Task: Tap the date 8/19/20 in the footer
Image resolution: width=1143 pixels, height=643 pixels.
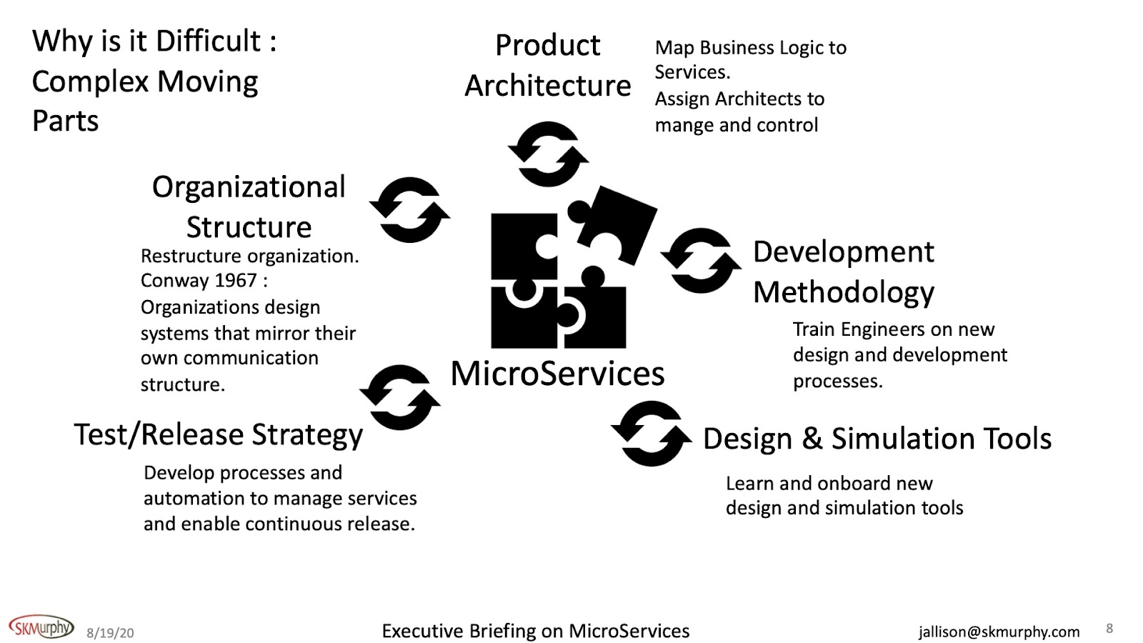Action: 110,633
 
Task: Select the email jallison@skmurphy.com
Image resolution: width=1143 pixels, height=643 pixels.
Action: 999,632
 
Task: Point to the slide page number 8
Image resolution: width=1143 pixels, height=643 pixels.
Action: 1109,629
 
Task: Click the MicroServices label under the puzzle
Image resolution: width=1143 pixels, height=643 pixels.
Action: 557,374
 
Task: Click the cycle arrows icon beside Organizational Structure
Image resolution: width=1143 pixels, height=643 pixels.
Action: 409,210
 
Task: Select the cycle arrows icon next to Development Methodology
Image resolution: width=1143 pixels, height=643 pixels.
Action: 701,261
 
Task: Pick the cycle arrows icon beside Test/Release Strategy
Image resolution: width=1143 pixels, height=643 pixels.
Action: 399,397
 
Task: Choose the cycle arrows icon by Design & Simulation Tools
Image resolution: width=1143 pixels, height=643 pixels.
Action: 651,434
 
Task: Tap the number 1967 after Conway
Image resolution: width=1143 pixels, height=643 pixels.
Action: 236,281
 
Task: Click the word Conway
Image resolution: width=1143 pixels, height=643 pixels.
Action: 172,281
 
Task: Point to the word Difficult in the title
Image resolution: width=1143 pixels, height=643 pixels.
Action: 208,41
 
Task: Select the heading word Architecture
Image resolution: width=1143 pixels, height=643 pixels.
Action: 548,86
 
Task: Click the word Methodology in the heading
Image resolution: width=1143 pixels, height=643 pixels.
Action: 844,293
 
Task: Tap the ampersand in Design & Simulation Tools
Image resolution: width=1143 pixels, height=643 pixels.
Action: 812,439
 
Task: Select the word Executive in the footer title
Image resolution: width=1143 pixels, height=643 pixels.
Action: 422,632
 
